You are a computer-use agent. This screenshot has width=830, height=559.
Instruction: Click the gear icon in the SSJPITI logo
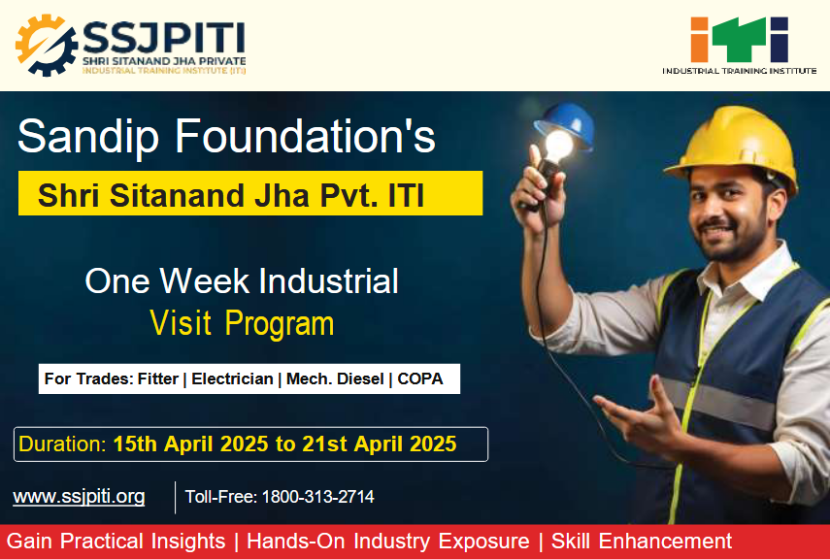pos(46,45)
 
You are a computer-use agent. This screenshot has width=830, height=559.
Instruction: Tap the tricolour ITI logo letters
pos(740,39)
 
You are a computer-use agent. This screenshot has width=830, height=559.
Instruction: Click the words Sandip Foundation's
pos(226,136)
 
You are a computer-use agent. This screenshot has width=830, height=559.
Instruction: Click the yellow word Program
pos(280,323)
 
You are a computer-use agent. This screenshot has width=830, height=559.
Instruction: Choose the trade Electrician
pos(232,379)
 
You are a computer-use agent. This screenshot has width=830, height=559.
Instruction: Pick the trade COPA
pos(420,379)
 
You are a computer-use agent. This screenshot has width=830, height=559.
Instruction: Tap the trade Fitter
pos(157,379)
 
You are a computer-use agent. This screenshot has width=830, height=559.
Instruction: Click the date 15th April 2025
pos(190,444)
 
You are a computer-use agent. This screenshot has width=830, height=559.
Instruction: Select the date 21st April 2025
pos(379,444)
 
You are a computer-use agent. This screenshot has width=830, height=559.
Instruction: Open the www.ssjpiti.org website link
pos(79,497)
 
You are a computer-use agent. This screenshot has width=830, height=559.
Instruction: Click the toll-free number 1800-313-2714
pos(318,497)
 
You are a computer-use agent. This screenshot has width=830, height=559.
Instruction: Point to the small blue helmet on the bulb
pos(565,123)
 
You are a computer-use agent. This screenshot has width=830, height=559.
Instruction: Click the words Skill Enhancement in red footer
pos(642,541)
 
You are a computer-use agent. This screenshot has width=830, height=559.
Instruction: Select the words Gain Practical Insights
pos(116,541)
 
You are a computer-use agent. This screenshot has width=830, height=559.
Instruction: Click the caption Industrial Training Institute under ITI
pos(740,71)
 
